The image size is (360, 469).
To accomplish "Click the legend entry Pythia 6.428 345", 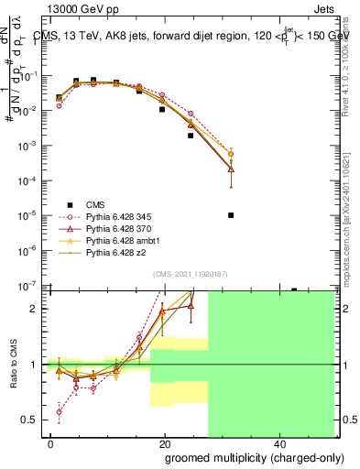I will [119, 215].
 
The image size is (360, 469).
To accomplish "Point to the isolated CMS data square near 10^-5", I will [231, 215].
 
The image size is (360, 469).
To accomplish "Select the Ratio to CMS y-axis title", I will [12, 365].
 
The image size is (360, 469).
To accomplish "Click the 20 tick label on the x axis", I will [164, 442].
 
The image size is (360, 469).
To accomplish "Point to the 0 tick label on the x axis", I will [51, 442].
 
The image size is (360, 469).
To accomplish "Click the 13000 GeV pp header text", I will [77, 7].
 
